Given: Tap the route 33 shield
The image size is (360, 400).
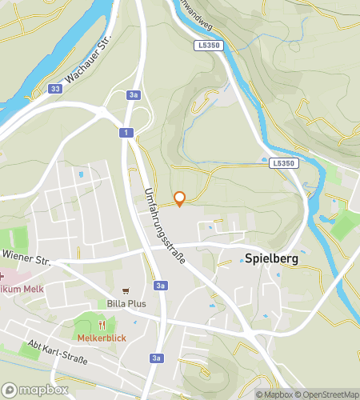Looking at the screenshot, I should (54, 89).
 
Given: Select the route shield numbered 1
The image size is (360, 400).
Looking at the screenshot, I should (126, 132).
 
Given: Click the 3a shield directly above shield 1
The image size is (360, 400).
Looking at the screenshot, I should (134, 95).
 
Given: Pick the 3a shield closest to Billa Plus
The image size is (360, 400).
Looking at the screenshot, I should (162, 286).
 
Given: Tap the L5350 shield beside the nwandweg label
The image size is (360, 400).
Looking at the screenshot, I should (207, 46).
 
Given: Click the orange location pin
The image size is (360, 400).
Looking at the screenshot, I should (180, 199).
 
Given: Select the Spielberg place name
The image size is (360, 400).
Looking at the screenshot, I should (272, 258).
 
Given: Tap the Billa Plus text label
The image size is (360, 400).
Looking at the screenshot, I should (126, 304).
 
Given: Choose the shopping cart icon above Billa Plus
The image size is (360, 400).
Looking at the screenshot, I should (125, 291).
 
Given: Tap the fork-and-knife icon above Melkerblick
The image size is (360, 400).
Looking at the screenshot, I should (102, 325).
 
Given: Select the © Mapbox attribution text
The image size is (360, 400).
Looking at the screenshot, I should (274, 394).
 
